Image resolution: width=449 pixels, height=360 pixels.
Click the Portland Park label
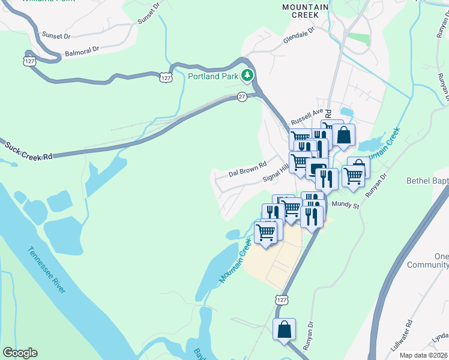[x=212, y=76]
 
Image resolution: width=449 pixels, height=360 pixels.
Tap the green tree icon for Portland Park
[x=246, y=75]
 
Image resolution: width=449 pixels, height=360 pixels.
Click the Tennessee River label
[x=46, y=270]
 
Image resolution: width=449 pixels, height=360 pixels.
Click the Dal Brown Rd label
[x=247, y=169]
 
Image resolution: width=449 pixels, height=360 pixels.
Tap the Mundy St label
[x=345, y=205]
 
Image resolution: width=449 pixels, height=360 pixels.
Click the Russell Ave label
[x=307, y=114]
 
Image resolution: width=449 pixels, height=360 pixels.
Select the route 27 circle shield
[x=242, y=97]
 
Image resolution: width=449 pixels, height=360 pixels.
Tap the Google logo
[x=19, y=353]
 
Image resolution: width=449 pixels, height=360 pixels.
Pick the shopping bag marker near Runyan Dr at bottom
[x=285, y=329]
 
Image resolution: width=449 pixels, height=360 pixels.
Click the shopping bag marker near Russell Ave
[x=343, y=135]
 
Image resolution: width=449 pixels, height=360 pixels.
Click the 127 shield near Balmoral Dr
[x=30, y=61]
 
